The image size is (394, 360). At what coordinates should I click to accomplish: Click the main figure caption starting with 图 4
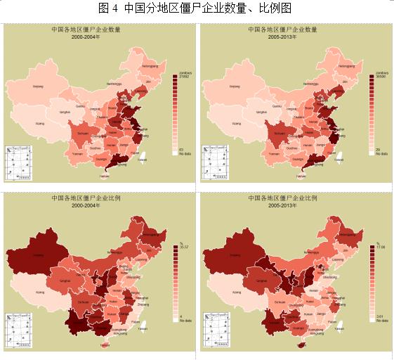(197, 8)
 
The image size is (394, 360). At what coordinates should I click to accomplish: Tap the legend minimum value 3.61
(381, 317)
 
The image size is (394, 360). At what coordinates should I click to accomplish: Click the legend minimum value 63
(182, 149)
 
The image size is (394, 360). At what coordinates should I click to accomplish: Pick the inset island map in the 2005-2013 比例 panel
(215, 330)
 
